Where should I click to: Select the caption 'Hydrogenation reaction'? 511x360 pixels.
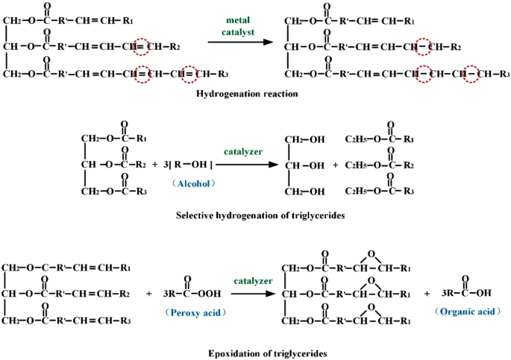(x=247, y=95)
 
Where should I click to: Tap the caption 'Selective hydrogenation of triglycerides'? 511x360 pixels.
(x=254, y=216)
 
